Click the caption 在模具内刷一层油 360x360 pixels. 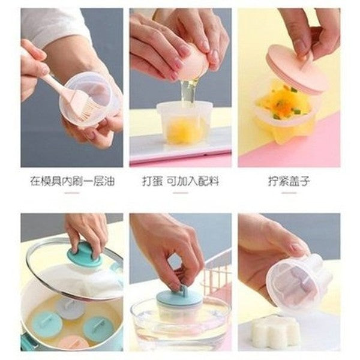tap(73, 181)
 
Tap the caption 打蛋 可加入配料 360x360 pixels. tap(181, 181)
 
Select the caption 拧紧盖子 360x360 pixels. tap(289, 181)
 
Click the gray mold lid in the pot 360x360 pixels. tap(69, 310)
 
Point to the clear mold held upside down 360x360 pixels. tap(298, 284)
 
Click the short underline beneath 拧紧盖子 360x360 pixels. tap(289, 193)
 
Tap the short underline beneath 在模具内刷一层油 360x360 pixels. tap(72, 193)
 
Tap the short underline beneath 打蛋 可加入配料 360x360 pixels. tap(181, 193)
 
